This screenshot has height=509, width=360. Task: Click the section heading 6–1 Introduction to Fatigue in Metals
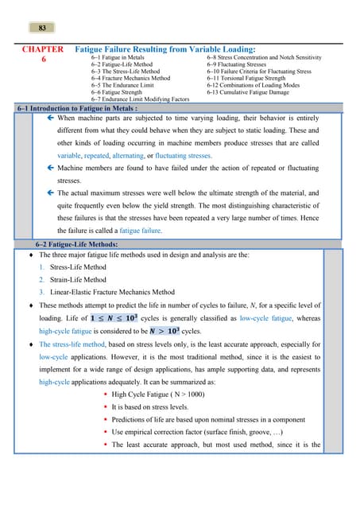coord(78,107)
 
